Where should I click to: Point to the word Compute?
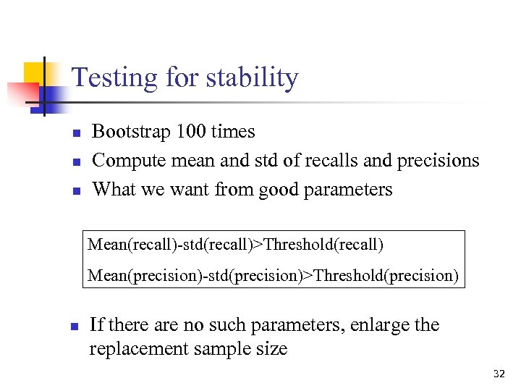(123, 160)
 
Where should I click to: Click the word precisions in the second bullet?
(440, 160)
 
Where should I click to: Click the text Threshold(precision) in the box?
(386, 276)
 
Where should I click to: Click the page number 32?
(499, 374)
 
